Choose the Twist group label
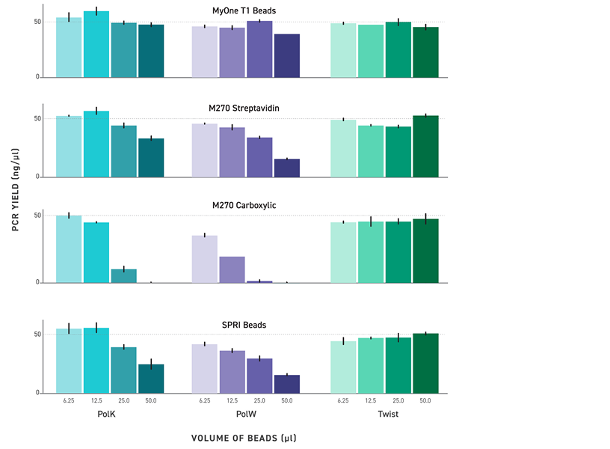tap(384, 414)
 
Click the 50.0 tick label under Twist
tap(425, 401)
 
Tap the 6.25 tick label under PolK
tap(70, 401)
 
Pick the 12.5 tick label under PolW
tap(232, 401)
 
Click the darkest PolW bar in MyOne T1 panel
tap(287, 55)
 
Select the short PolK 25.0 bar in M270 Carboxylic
tap(124, 276)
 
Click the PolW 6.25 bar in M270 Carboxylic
tap(205, 259)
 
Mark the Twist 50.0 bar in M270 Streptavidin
tap(425, 147)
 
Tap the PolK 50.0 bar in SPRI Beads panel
tap(151, 379)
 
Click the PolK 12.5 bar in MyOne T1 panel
tap(96, 44)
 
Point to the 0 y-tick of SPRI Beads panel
tap(37, 393)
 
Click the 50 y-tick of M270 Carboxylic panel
tap(35, 216)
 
